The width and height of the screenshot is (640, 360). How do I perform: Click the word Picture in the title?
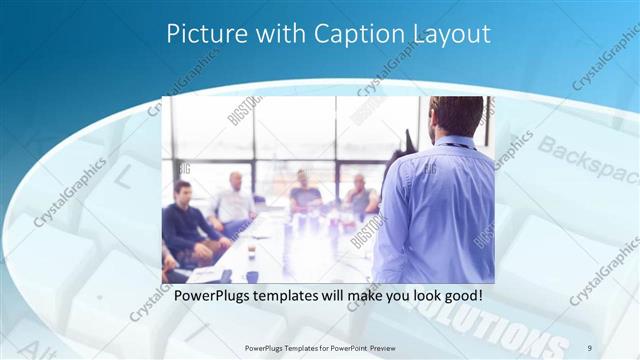pos(198,33)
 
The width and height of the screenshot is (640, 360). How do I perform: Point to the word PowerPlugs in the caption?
pos(213,297)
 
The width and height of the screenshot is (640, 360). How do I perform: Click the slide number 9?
pos(589,347)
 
